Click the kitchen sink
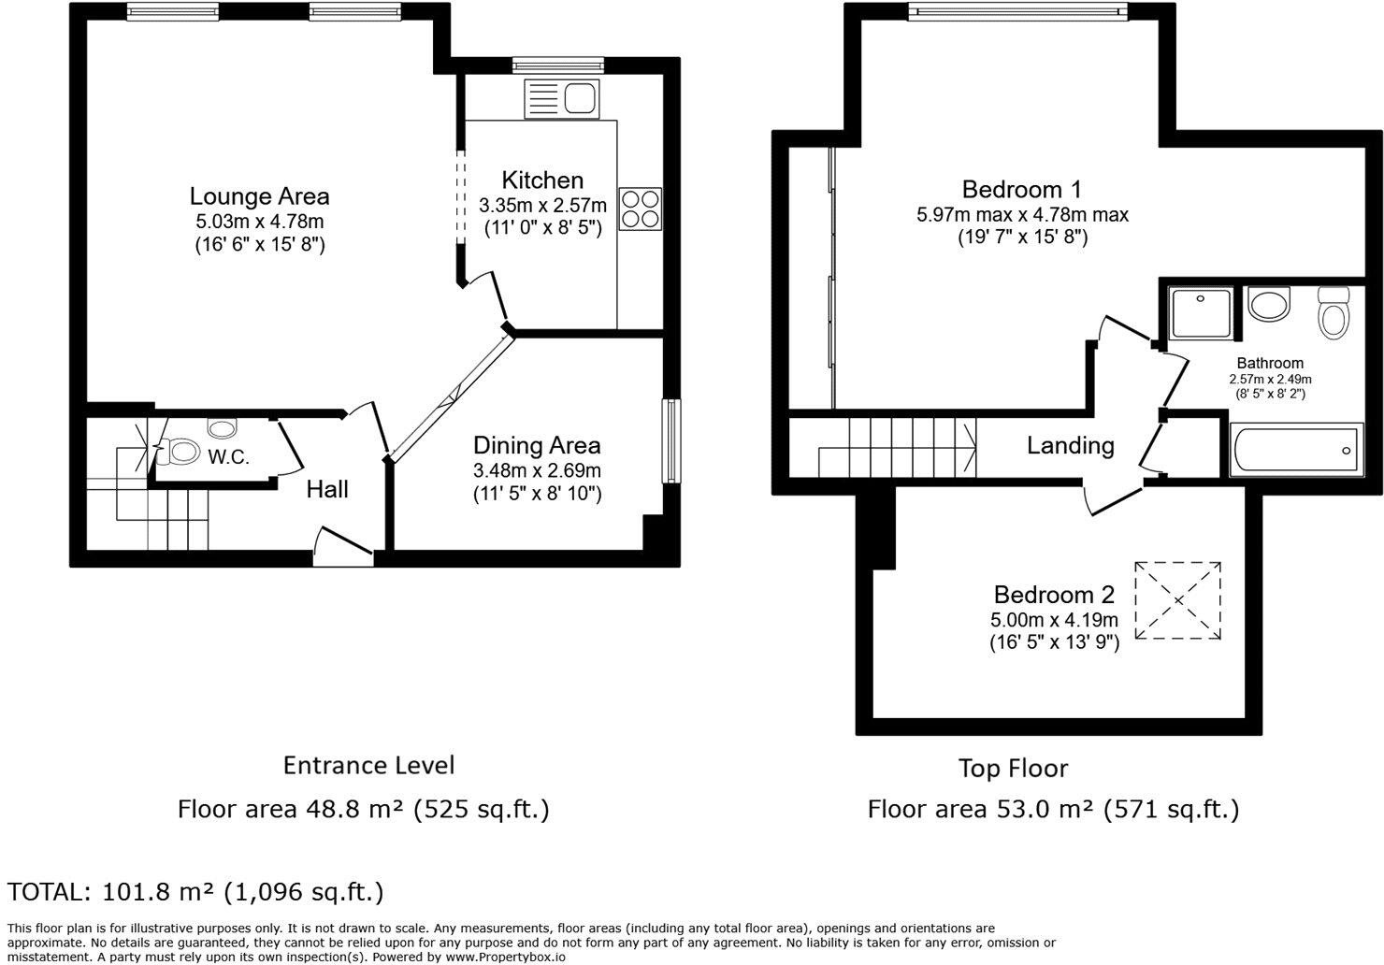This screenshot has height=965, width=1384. (x=562, y=98)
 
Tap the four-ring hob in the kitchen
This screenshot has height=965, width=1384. (x=640, y=209)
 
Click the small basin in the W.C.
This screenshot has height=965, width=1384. (x=223, y=428)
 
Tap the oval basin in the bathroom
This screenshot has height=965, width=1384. (x=1269, y=305)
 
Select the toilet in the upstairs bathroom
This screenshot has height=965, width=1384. (x=1334, y=312)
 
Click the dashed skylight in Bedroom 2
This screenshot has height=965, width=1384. (x=1177, y=600)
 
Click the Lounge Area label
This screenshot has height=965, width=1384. (x=259, y=196)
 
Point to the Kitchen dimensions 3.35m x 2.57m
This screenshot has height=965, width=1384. (x=542, y=205)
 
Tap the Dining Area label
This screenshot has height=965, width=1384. (x=536, y=445)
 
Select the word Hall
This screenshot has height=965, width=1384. (x=327, y=489)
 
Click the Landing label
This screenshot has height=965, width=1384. (x=1070, y=445)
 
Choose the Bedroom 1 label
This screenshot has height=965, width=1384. (x=1021, y=189)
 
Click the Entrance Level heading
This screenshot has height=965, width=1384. (x=368, y=765)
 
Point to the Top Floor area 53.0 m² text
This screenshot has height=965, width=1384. (x=1053, y=809)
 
